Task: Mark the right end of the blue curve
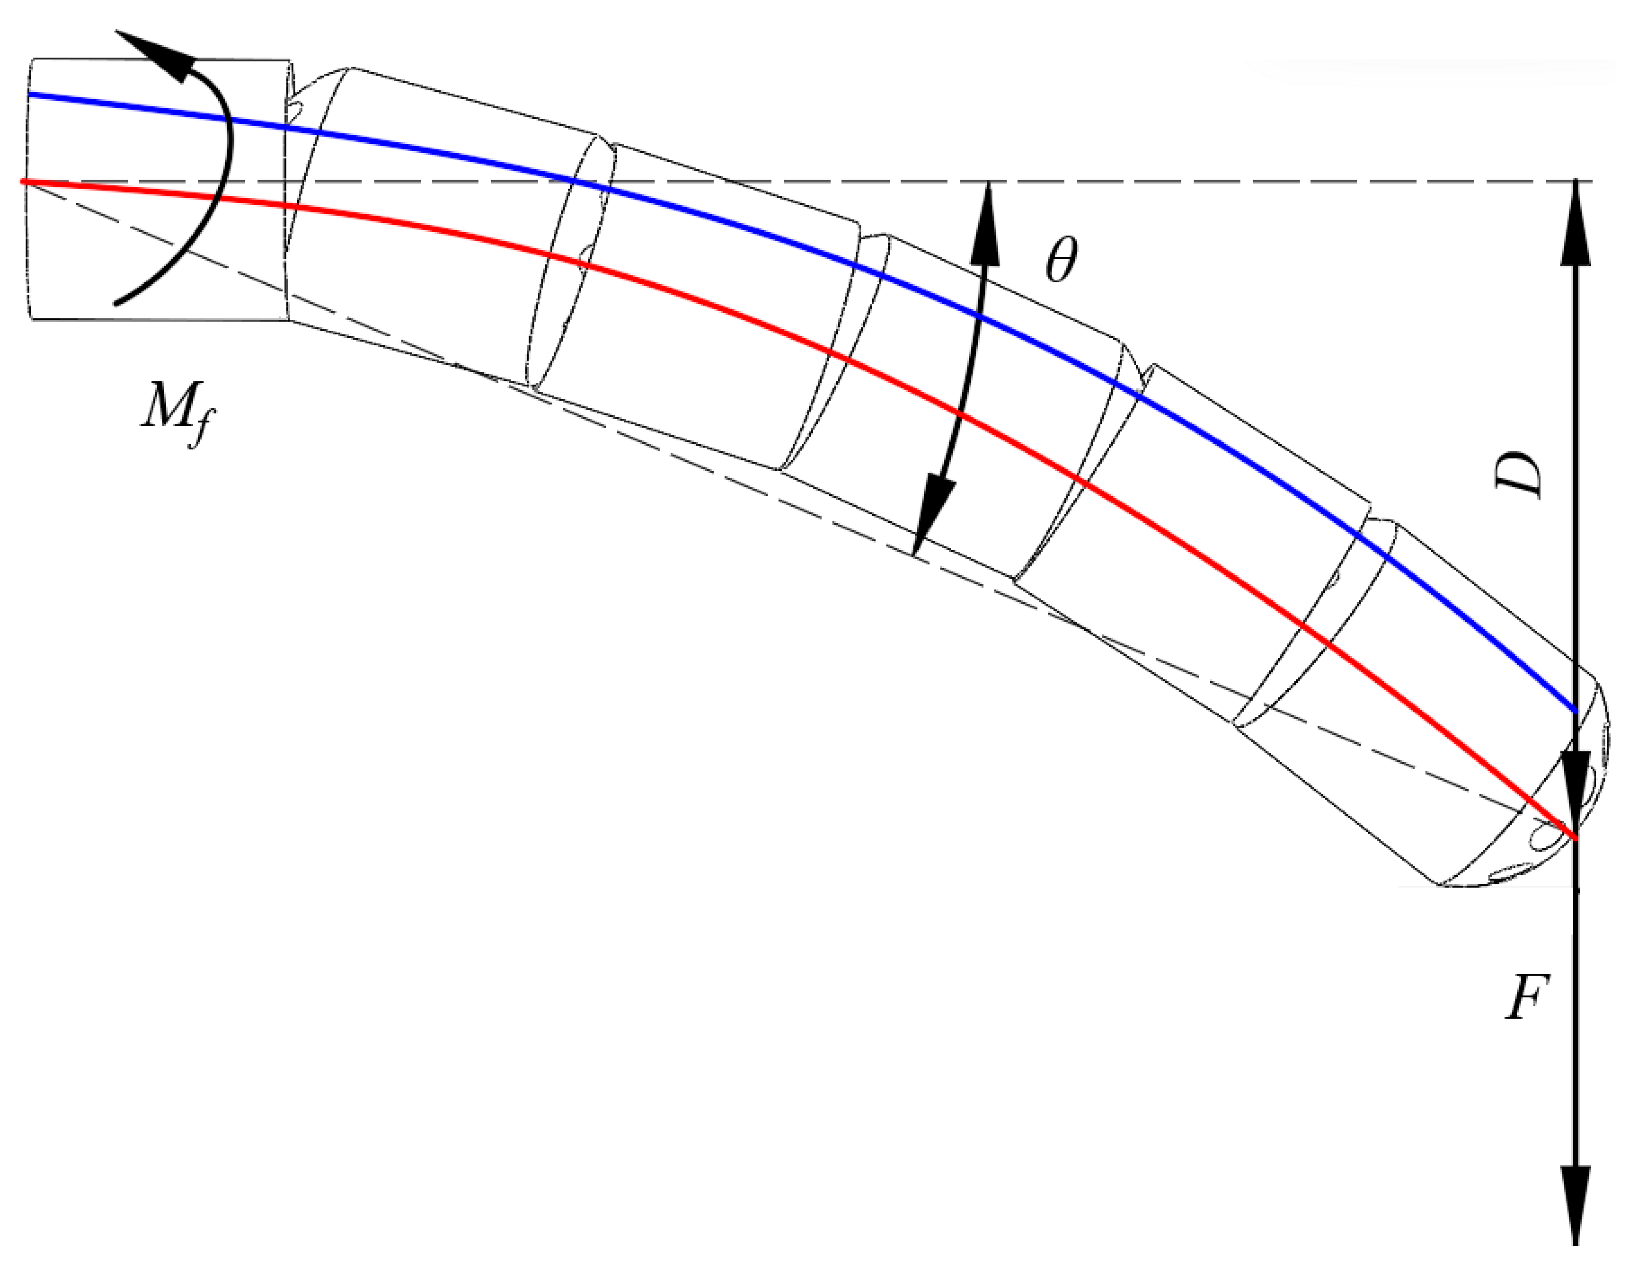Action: tap(1575, 711)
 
